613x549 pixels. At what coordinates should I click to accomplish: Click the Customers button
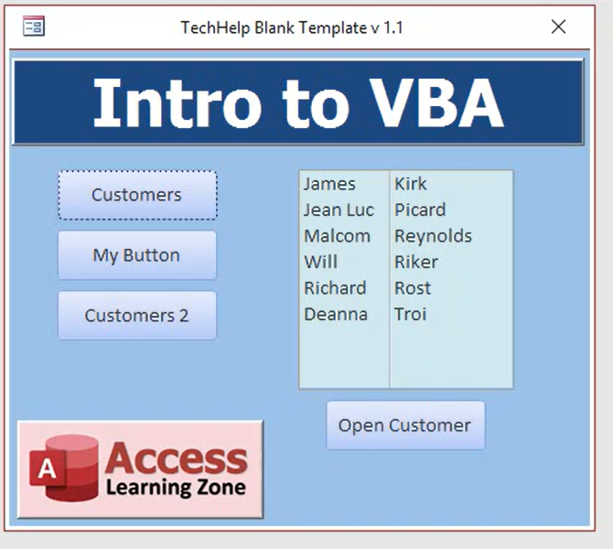137,195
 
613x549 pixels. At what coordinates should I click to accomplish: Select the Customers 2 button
137,316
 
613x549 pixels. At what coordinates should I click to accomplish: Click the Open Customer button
405,425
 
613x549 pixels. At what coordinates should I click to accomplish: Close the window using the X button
558,27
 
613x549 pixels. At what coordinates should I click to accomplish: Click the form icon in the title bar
34,27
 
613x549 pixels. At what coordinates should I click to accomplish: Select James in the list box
329,184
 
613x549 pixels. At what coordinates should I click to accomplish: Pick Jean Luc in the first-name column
339,210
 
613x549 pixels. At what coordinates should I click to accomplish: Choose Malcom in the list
337,236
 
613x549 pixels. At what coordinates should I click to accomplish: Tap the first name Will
320,262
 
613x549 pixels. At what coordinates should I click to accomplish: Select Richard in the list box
335,288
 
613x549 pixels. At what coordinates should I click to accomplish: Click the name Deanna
336,314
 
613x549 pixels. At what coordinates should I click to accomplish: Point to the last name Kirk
411,184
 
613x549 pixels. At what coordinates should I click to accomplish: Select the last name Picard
420,210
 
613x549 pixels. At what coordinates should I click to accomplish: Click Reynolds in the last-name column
433,236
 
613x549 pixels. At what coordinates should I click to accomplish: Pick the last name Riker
416,262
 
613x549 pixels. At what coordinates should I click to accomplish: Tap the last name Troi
411,314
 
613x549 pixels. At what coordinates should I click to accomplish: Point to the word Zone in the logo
220,487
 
